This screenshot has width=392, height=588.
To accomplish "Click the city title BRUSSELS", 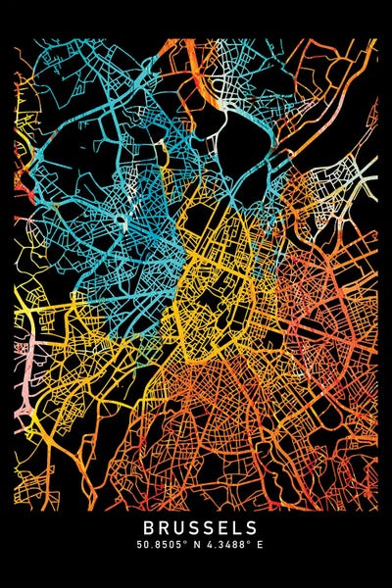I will coord(196,528).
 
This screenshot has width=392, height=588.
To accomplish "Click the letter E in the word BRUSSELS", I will coord(218,528).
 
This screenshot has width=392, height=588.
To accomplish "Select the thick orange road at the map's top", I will coord(200,59).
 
